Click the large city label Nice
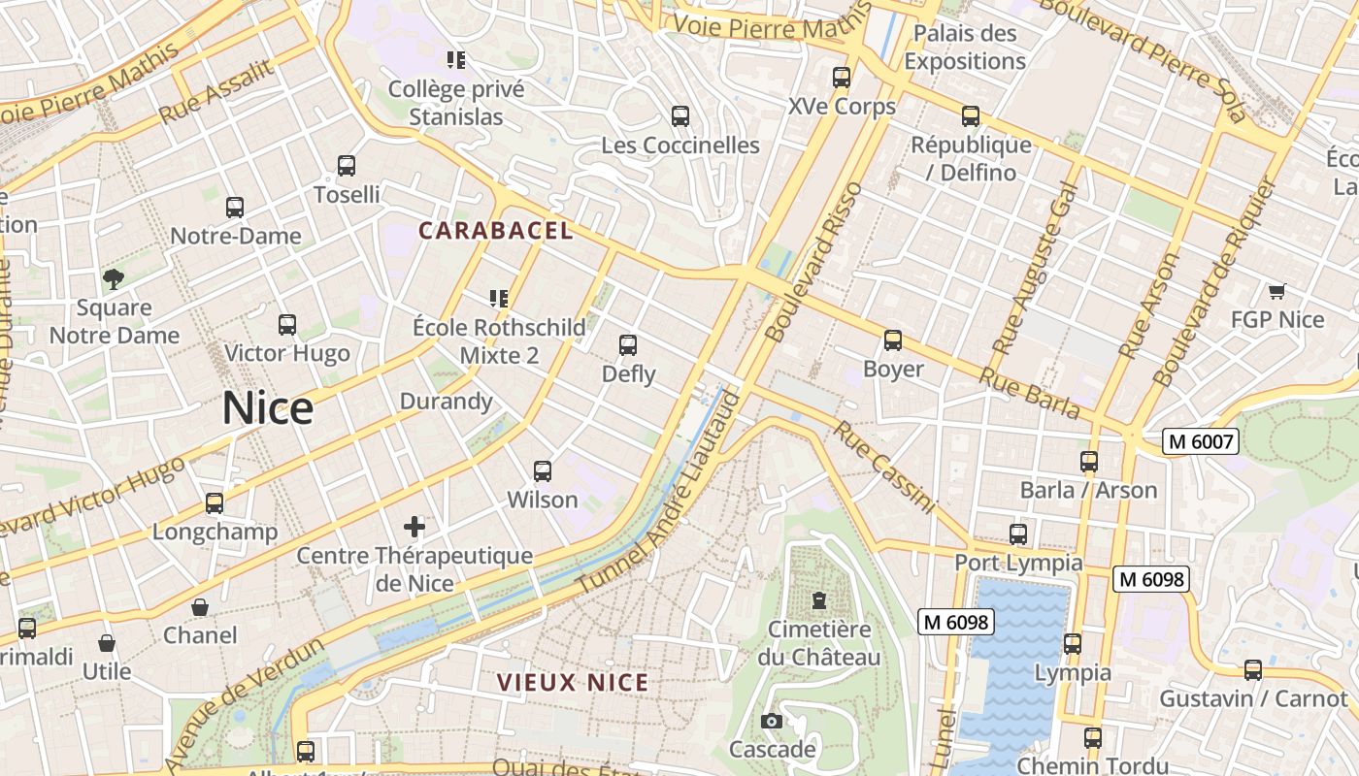[x=268, y=408]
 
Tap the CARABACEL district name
[x=496, y=231]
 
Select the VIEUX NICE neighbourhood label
[x=573, y=682]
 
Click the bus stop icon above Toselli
[x=347, y=166]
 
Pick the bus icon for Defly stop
[x=628, y=345]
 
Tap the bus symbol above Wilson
[x=543, y=471]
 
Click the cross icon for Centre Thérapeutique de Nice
[x=414, y=527]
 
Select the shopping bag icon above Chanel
[x=200, y=607]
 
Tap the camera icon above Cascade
[x=772, y=721]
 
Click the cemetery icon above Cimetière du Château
[x=819, y=600]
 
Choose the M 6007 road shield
[x=1202, y=442]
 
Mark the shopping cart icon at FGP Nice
[x=1276, y=291]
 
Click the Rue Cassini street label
[x=884, y=467]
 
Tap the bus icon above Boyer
[x=893, y=340]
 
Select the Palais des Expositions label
[x=965, y=47]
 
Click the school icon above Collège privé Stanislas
[x=456, y=60]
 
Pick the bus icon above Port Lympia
[x=1017, y=534]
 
